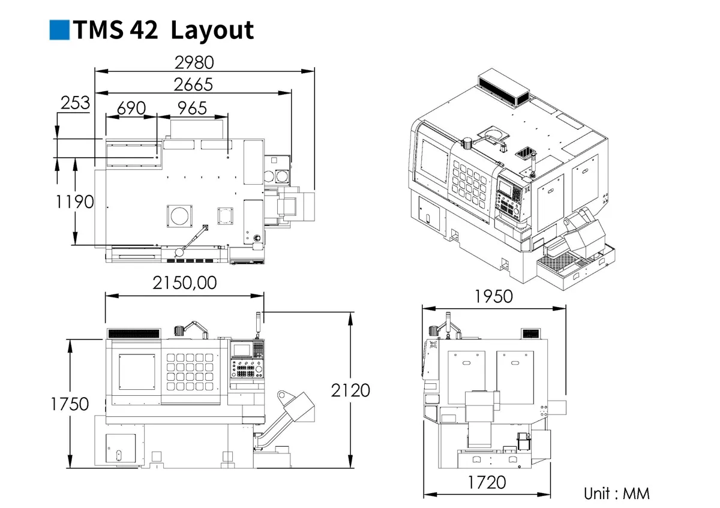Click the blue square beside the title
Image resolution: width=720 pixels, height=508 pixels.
tap(59, 30)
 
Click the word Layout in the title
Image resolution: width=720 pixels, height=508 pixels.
tap(212, 31)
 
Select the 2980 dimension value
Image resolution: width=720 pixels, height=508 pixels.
tap(194, 62)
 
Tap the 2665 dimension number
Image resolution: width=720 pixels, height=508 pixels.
tap(193, 85)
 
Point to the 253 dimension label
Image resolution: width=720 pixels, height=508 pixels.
tap(75, 103)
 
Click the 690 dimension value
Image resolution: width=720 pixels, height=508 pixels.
tap(131, 108)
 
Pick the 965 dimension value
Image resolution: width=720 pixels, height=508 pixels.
tap(192, 108)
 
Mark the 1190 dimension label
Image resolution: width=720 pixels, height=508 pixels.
tap(75, 202)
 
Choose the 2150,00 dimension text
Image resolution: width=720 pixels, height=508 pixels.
tap(185, 282)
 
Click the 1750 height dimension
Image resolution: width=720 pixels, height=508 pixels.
tap(70, 404)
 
